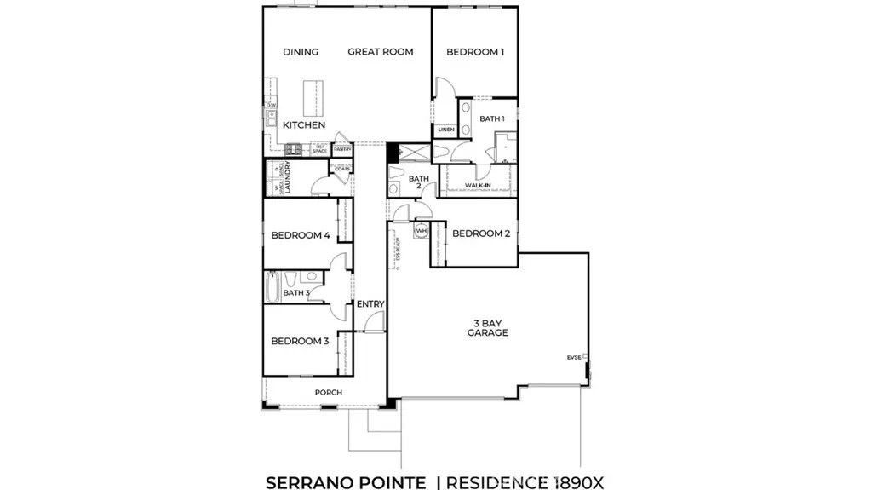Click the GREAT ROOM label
pos(380,52)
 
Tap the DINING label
pos(301,52)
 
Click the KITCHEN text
pos(304,125)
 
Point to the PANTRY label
pos(342,149)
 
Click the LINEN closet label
pos(445,130)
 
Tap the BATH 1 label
pos(491,118)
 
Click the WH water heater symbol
pos(421,230)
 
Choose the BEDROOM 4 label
pos(300,235)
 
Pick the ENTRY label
pos(370,304)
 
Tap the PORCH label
pos(328,393)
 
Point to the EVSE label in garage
pos(575,357)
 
